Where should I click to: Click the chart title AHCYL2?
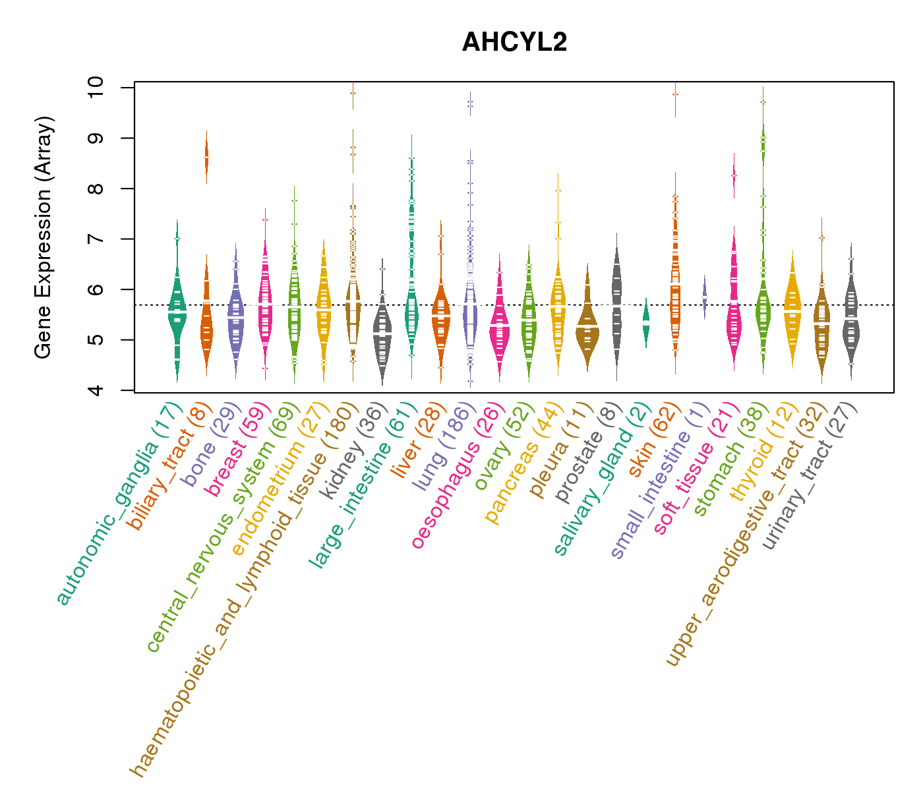tap(514, 42)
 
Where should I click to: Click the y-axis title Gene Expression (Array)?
tap(44, 237)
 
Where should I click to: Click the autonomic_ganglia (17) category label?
tap(119, 504)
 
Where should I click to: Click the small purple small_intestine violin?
tap(704, 297)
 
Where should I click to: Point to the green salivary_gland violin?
tap(646, 323)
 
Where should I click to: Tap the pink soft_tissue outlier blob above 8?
tap(734, 175)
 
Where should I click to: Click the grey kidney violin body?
tap(382, 336)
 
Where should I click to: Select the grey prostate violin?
tap(616, 303)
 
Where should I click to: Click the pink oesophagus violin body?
tap(499, 326)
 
